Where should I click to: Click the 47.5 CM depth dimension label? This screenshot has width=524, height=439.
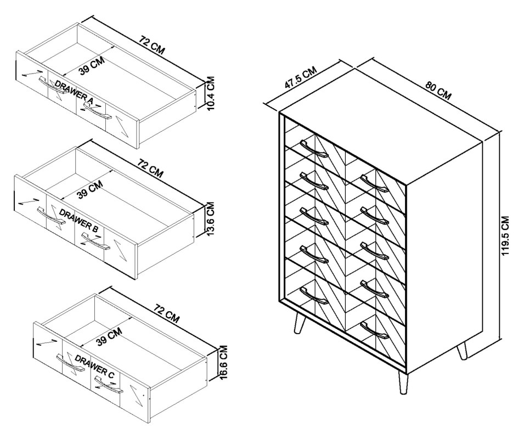click(301, 80)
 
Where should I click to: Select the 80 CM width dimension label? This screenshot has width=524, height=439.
click(438, 91)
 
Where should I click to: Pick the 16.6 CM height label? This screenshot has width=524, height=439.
click(223, 362)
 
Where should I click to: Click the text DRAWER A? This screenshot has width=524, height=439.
click(74, 91)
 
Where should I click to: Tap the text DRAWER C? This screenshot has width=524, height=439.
click(94, 367)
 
